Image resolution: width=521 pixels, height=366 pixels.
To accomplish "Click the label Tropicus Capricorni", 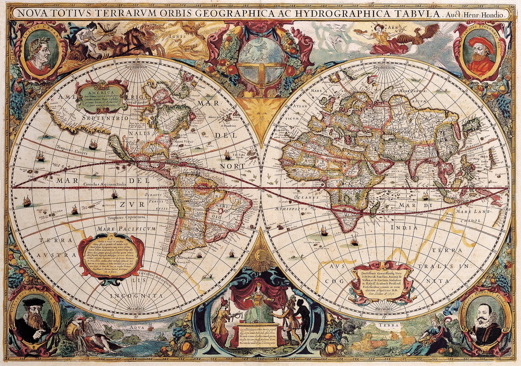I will point(126,218).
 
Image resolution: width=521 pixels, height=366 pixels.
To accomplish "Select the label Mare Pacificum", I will point(128,229).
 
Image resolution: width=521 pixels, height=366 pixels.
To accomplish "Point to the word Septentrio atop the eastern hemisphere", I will point(384,67).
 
